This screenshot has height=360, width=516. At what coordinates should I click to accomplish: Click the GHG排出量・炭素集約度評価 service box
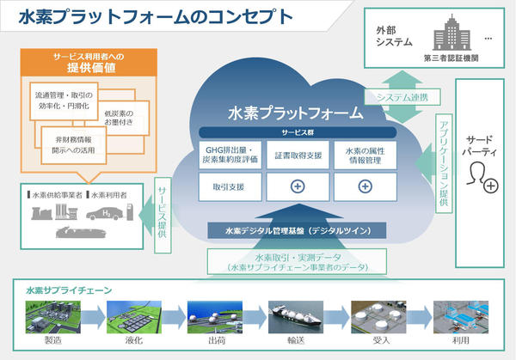[230, 156]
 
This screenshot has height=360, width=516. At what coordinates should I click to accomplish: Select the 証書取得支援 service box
[298, 156]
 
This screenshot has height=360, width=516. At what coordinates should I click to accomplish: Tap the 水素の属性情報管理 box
[365, 156]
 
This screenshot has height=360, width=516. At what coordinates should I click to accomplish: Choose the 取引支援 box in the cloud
[230, 187]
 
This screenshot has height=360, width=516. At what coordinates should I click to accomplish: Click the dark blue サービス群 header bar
[298, 132]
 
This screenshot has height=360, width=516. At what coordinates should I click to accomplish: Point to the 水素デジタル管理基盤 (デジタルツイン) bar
[297, 231]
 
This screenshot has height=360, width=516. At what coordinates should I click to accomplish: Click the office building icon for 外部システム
[451, 33]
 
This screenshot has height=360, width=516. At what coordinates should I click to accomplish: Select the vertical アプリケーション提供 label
[444, 163]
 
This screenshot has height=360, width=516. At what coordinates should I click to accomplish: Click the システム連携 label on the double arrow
[402, 97]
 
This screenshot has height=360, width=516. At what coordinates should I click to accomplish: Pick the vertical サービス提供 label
[163, 216]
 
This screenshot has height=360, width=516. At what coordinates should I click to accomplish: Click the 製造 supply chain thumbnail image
[53, 317]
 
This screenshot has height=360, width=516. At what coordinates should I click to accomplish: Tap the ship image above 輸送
[296, 317]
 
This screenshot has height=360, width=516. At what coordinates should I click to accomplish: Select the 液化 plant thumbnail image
[134, 317]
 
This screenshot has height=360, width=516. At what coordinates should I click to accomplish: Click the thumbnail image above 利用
[461, 317]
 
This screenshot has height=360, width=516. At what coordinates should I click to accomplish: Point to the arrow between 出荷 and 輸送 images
[255, 317]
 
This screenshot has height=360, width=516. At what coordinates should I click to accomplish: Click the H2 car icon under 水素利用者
[105, 213]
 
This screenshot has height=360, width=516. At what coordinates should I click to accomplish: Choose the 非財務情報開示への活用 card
[74, 145]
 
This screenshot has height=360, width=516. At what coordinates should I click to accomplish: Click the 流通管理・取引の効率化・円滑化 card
[64, 101]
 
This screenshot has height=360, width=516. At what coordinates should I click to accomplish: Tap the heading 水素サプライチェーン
[69, 290]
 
